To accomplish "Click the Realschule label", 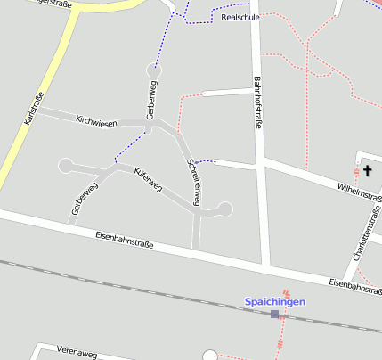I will pyautogui.click(x=240, y=17).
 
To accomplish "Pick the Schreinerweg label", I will pyautogui.click(x=194, y=180).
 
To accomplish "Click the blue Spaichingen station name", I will pyautogui.click(x=274, y=302).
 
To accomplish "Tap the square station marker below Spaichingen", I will pyautogui.click(x=274, y=314).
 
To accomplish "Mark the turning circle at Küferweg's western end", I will pyautogui.click(x=65, y=165).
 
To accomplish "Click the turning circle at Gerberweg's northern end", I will pyautogui.click(x=155, y=69).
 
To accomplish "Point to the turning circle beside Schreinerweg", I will pyautogui.click(x=224, y=209).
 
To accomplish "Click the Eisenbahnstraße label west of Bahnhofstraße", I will pyautogui.click(x=128, y=241).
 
